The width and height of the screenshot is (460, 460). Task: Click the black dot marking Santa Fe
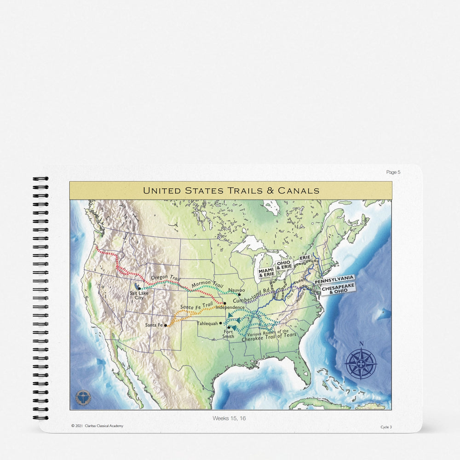[x=166, y=325]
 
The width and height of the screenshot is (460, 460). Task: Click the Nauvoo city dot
[x=239, y=295]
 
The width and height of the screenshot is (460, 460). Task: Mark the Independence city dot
[x=224, y=304]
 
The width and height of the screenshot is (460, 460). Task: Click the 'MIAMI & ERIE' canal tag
[x=266, y=272]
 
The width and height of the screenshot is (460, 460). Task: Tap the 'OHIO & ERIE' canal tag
[x=284, y=265]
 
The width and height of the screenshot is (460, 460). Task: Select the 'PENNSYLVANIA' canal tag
[x=334, y=278]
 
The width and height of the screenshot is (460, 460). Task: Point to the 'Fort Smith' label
[x=229, y=333]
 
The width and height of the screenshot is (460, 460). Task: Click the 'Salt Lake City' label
[x=139, y=295]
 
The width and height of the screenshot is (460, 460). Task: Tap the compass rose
[x=361, y=363]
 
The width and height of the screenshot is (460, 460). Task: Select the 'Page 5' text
[x=393, y=172]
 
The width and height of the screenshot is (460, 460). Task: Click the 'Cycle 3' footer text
[x=386, y=427]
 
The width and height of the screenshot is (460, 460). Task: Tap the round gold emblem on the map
[x=83, y=397]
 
